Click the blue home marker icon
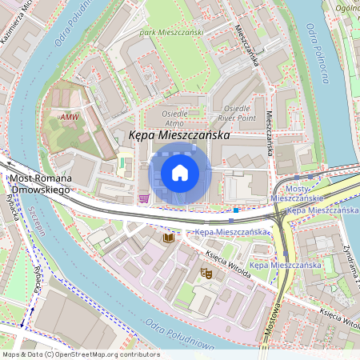180,172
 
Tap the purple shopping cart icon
144,198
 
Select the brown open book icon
168,238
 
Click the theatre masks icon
206,273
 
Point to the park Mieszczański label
171,32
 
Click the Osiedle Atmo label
174,119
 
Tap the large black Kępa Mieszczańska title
186,138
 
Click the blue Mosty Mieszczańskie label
296,191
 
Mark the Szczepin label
33,220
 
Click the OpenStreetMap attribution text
80,354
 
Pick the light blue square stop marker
232,219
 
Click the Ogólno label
347,8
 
